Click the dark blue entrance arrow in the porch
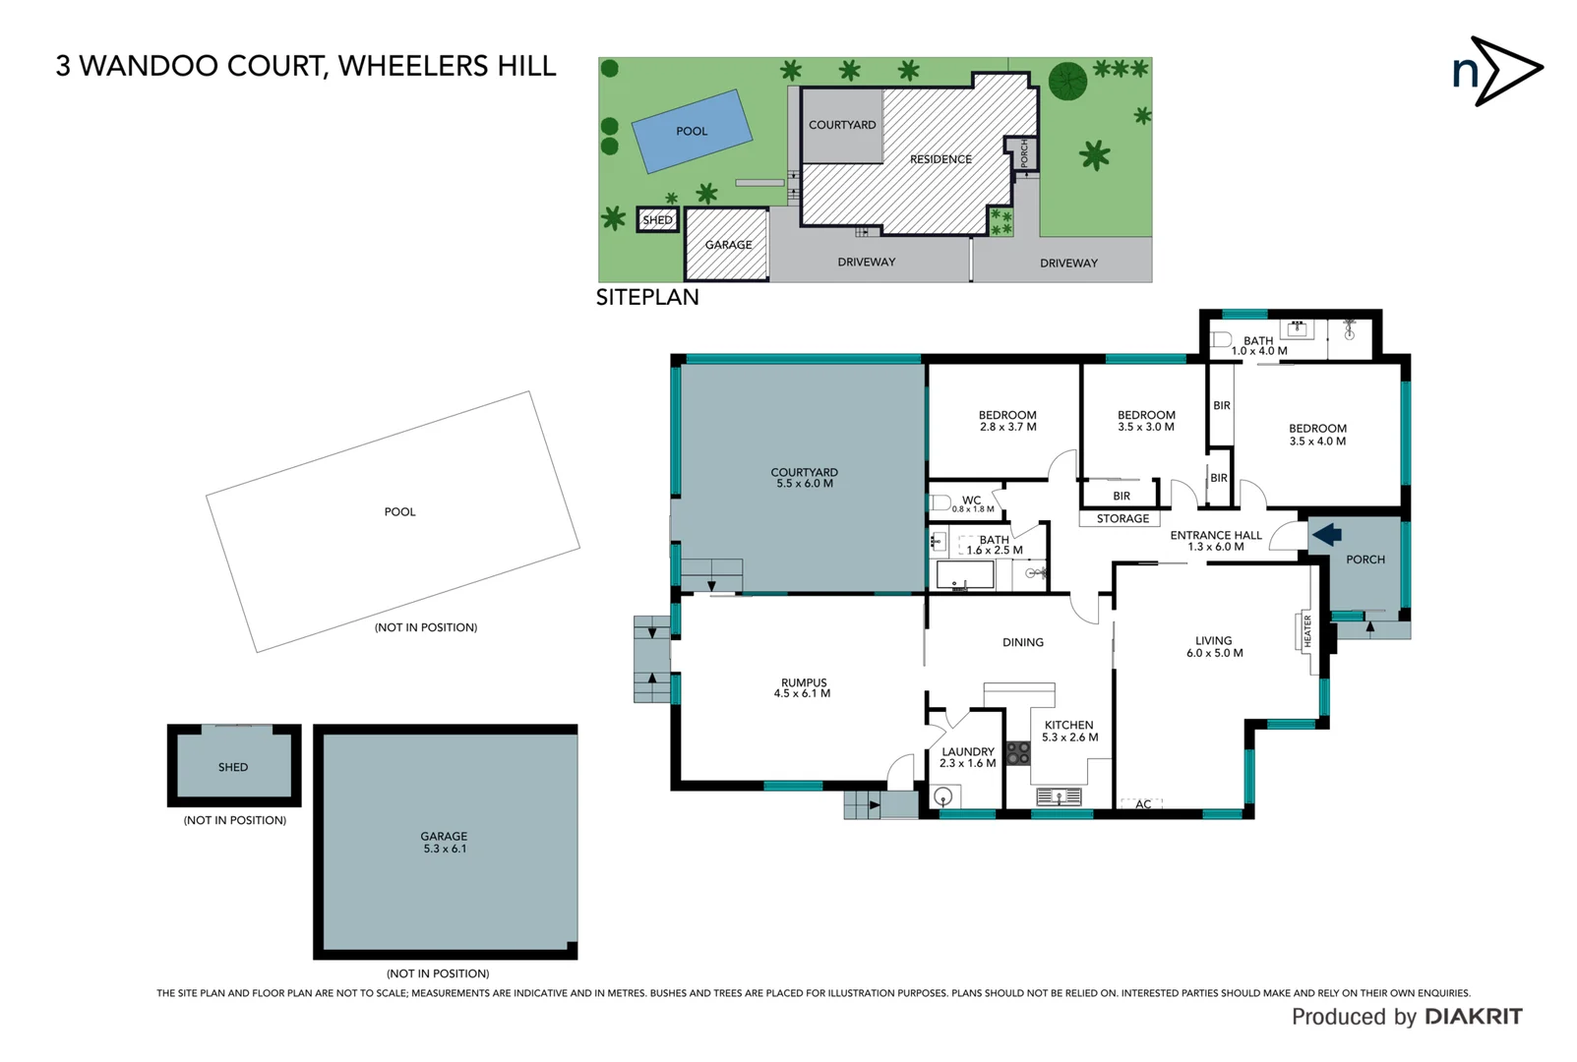1327,535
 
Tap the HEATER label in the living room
1307,631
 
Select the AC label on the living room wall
1142,804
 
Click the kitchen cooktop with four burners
1018,753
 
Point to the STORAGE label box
1122,518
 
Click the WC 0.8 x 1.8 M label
972,503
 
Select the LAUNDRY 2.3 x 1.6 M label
967,757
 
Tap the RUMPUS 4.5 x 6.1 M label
803,687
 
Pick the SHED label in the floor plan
233,767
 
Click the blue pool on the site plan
692,131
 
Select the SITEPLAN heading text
647,297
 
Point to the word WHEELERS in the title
399,66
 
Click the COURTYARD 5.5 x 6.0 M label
804,478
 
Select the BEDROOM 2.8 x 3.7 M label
1007,421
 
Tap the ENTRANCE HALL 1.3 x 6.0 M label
1215,541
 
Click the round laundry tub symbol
943,796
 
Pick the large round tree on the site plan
1067,81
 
